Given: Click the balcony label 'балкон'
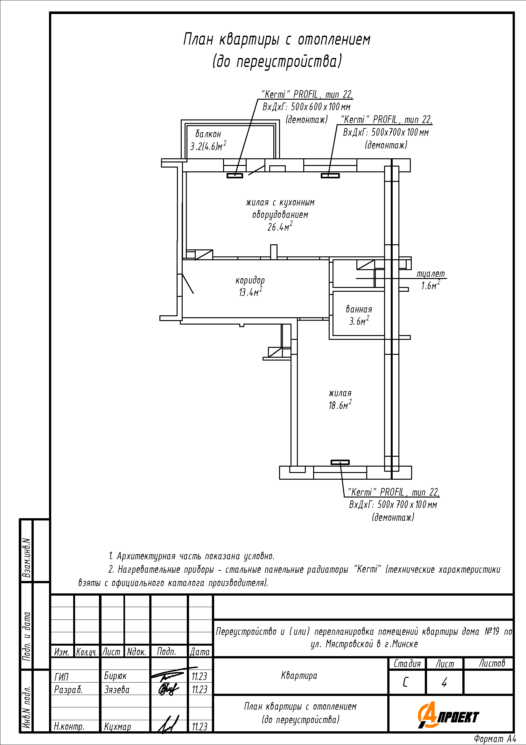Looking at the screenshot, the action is coord(208,134).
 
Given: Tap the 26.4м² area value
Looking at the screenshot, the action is coord(280,226).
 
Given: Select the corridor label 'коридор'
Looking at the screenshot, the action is coord(250,280).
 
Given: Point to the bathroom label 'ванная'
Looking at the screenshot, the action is coord(359,309).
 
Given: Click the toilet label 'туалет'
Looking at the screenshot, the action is coord(431,274).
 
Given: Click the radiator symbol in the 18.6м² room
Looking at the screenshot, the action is coord(340,462).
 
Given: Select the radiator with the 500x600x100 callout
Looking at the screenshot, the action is coord(235,176).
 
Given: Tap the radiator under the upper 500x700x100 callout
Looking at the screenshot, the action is coord(330,176).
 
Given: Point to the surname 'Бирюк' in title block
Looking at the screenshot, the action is coord(115,676).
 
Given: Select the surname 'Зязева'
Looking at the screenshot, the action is coord(117,690).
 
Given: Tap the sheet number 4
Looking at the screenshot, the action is coord(444,682).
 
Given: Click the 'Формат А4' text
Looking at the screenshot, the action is coord(494,739).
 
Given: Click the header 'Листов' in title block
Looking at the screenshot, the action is coord(492,663).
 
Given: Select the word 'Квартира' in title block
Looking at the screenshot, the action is coord(299,676).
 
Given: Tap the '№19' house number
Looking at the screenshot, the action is coord(492,631).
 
